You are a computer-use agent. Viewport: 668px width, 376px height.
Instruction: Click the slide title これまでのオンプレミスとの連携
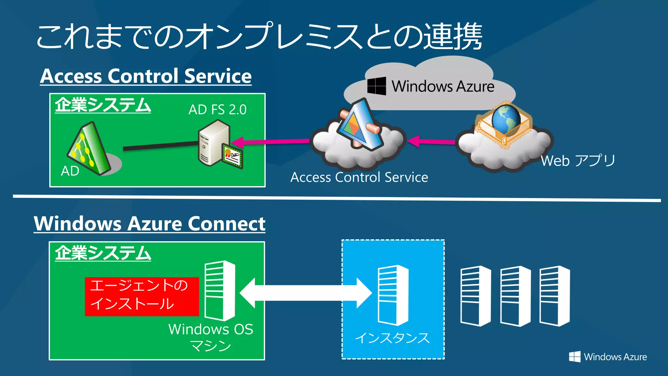pos(259,37)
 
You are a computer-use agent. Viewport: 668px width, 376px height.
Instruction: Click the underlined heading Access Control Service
pos(146,76)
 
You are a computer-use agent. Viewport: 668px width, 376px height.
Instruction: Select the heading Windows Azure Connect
pos(149,224)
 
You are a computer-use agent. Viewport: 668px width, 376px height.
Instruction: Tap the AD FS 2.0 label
pos(217,110)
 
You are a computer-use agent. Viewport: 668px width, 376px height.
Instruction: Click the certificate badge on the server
pos(233,155)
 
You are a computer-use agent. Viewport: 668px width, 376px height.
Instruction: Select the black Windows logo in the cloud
pos(376,86)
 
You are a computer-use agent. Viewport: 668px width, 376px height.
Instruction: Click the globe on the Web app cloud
pos(506,119)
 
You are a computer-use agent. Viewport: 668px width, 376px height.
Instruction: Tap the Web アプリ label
pos(578,161)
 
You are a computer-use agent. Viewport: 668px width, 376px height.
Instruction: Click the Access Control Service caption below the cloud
pos(359,177)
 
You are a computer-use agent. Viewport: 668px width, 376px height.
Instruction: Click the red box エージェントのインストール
pos(142,296)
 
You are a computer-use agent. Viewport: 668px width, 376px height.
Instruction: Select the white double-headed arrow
pos(306,293)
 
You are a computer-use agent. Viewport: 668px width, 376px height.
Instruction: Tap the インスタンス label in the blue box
pos(392,338)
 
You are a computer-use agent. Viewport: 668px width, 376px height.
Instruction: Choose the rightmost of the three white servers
pos(554,296)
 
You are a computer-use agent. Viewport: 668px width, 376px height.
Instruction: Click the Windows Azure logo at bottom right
pos(608,357)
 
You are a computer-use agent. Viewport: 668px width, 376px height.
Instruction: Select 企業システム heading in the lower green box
pos(103,253)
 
